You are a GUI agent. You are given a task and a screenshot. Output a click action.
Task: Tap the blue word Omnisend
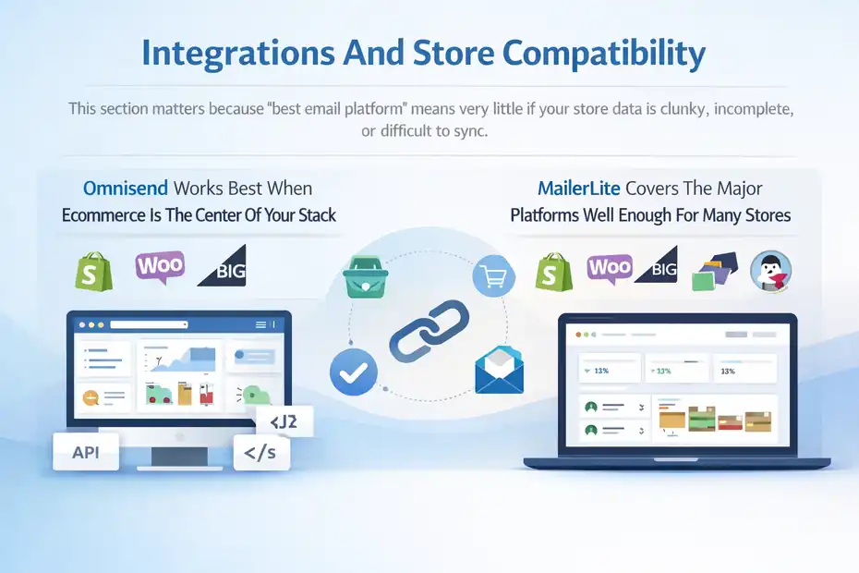(125, 189)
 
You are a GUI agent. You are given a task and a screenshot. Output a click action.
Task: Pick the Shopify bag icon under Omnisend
(92, 269)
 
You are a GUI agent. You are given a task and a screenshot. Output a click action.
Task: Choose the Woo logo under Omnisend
(160, 266)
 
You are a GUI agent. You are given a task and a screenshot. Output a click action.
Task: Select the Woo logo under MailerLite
(611, 268)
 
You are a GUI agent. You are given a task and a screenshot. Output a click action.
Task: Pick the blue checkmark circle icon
(353, 372)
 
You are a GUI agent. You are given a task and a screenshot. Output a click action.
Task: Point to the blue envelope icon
(499, 371)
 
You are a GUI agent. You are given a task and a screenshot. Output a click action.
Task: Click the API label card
(86, 452)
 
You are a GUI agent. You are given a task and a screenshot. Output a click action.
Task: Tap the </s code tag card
(261, 454)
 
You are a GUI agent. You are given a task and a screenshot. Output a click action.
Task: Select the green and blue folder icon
(714, 270)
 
